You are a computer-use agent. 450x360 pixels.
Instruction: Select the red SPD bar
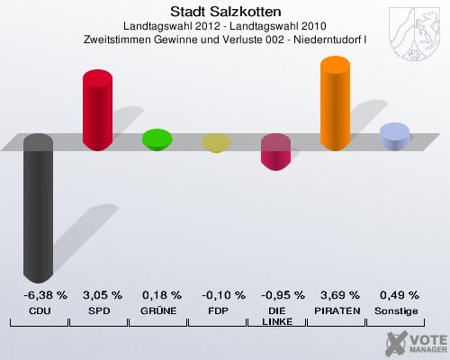click(x=97, y=111)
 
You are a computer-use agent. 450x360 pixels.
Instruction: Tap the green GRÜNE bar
click(x=157, y=139)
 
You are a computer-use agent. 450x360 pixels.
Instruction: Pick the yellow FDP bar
click(x=216, y=143)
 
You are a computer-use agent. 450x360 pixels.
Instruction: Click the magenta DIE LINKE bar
click(x=275, y=152)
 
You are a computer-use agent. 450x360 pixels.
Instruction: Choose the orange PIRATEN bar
click(x=335, y=103)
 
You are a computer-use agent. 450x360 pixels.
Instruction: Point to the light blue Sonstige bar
click(x=394, y=137)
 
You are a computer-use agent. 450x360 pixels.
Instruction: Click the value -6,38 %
click(x=39, y=294)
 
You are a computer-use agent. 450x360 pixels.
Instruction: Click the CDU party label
click(x=39, y=310)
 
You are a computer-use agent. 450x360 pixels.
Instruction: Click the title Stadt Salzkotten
click(x=224, y=12)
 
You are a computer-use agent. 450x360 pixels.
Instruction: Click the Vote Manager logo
click(x=414, y=342)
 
